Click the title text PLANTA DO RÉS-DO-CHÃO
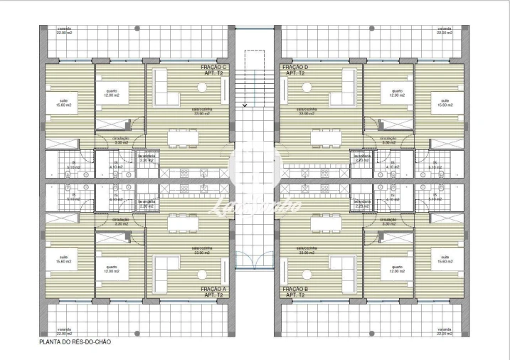pos(75,342)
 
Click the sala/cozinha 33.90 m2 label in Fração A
pos(199,251)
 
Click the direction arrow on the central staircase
pos(245,105)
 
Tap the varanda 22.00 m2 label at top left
pos(64,31)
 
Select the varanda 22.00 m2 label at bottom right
pos(444,331)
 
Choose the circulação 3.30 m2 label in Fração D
pos(388,140)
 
